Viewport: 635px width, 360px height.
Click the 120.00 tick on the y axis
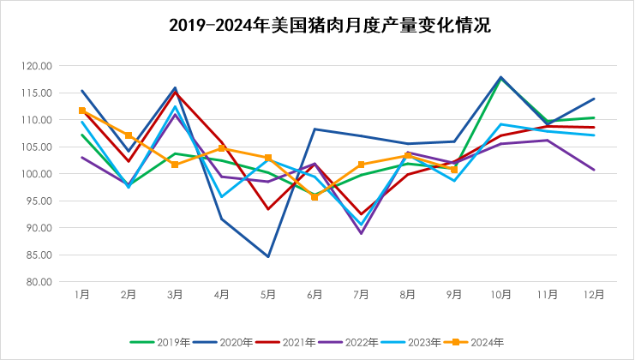39,66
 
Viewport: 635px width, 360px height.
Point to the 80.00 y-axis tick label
40,282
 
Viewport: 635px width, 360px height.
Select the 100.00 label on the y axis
39,174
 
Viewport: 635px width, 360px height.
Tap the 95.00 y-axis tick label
40,201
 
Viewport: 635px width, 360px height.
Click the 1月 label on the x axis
82,294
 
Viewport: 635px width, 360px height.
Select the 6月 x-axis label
315,294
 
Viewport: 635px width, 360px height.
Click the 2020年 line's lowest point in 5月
268,256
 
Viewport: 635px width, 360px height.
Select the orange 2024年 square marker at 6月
315,197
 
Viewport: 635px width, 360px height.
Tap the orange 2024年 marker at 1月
82,111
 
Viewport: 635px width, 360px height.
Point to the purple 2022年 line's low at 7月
361,233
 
